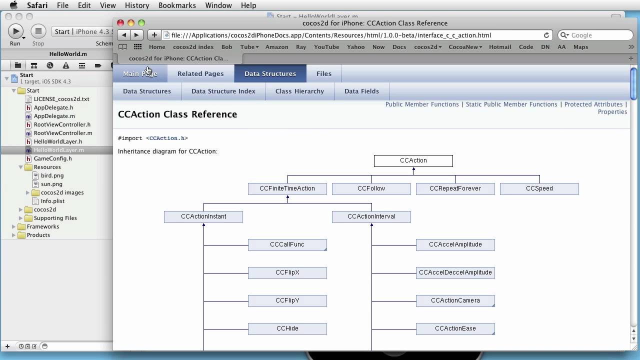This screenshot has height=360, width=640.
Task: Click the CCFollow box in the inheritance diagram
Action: [x=371, y=189]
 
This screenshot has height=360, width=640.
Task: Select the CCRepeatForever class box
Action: [x=455, y=189]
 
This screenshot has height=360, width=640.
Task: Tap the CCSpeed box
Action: [x=539, y=189]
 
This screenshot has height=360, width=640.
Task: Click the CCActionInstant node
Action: [x=203, y=217]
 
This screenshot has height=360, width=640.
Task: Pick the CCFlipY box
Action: [x=287, y=301]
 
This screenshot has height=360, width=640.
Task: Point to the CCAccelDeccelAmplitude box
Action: [x=455, y=273]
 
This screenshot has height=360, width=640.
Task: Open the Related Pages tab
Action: [x=200, y=73]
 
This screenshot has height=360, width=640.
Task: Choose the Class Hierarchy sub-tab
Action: [x=299, y=91]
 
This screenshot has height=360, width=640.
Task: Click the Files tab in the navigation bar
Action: [x=324, y=73]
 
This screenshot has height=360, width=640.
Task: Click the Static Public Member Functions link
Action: [x=511, y=104]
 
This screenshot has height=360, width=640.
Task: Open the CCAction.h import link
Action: [x=167, y=138]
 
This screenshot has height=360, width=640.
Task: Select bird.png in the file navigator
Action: [x=52, y=175]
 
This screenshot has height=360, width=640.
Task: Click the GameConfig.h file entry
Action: [x=53, y=158]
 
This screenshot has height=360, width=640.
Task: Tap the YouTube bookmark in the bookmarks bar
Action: [x=326, y=47]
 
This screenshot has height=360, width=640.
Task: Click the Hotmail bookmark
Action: [x=500, y=47]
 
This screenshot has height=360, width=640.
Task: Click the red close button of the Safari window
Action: [x=120, y=23]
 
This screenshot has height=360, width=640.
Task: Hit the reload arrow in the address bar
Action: [x=546, y=35]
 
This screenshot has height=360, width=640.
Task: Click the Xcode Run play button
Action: [x=15, y=31]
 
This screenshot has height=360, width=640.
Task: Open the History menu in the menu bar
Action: [x=137, y=5]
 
